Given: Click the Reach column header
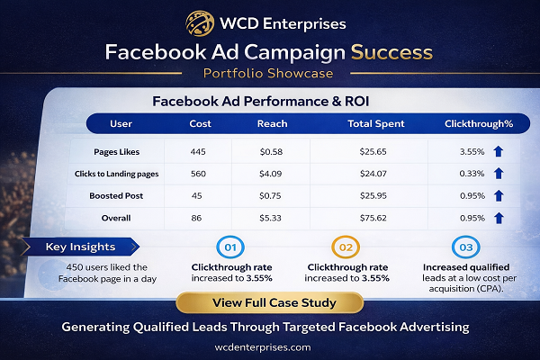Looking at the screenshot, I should [273, 123].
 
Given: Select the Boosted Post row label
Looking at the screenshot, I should [116, 194].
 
